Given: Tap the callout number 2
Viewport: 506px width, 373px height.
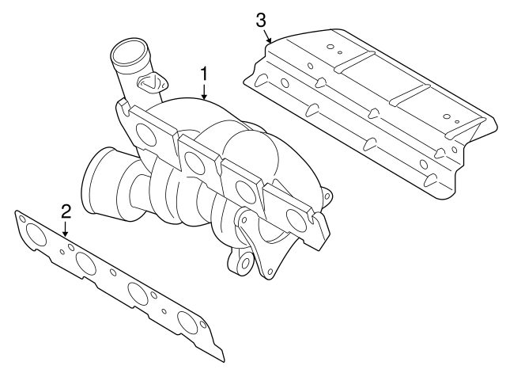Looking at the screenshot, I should [x=66, y=211].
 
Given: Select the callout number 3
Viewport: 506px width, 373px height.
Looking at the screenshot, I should [x=261, y=20].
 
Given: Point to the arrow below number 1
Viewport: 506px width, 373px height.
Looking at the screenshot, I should [x=204, y=92].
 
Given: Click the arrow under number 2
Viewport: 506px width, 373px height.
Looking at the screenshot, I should [x=66, y=229].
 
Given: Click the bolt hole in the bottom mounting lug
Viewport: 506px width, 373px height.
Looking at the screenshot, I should [x=244, y=262].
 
